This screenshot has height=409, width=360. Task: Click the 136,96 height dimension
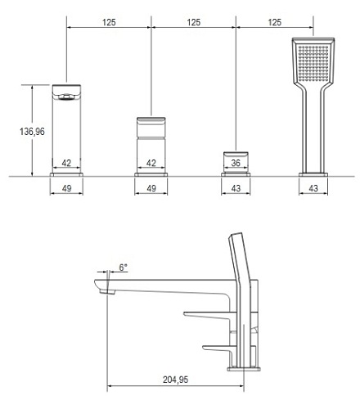(32, 132)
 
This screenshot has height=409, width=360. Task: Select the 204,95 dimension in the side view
(175, 380)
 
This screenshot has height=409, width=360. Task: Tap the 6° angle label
(124, 267)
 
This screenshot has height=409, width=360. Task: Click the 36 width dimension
(236, 163)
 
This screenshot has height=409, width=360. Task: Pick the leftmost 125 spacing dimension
(109, 22)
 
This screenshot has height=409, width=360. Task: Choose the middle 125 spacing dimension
(194, 22)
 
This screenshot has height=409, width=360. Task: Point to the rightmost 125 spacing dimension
(275, 22)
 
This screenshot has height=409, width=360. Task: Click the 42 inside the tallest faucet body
(66, 163)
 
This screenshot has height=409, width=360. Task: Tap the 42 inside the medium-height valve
(151, 163)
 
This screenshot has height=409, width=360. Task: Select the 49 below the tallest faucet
(66, 188)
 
